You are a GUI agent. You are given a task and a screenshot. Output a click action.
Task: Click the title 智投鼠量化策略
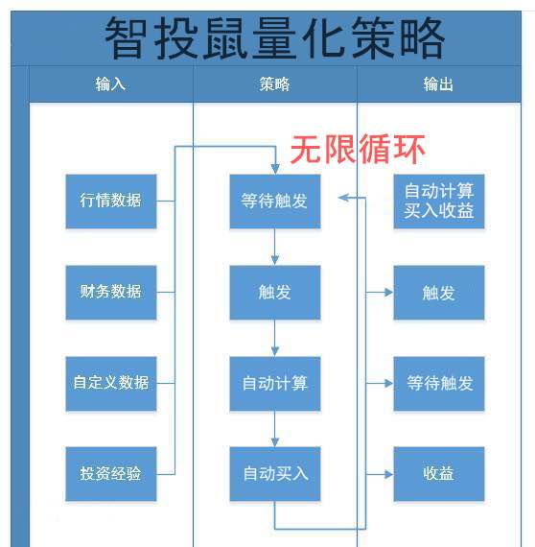pos(274,37)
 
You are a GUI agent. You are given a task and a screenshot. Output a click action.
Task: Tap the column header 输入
pos(110,84)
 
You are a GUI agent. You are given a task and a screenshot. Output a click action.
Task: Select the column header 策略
pos(274,84)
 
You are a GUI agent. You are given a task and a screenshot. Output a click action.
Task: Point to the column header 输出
pos(438,84)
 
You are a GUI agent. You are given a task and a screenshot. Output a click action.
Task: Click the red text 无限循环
pos(358,150)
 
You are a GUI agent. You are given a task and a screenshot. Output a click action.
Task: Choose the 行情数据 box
pos(111,202)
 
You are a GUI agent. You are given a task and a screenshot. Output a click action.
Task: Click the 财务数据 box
pos(111,293)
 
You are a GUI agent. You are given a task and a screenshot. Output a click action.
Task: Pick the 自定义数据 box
pos(111,384)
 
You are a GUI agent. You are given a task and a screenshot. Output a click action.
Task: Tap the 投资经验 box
pos(111,474)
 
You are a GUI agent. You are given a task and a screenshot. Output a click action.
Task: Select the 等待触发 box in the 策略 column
pos(275,202)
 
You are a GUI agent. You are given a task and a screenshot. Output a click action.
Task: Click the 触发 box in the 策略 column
pos(275,293)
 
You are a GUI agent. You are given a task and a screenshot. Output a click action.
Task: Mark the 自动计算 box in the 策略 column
pos(275,384)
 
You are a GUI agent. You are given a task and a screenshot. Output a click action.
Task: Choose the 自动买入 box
pos(275,474)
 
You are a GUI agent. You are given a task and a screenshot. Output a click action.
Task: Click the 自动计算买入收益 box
pos(439,202)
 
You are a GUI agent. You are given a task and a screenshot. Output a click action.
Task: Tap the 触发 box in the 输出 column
pos(439,293)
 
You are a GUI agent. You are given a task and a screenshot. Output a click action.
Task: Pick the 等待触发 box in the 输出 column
pos(439,384)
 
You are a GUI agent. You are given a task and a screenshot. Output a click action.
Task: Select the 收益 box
pos(439,474)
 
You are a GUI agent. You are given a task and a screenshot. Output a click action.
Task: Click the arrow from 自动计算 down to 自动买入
pos(275,429)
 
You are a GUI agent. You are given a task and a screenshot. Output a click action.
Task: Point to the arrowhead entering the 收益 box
pos(389,474)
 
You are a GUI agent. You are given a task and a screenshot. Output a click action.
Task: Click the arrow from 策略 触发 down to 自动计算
pos(275,338)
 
